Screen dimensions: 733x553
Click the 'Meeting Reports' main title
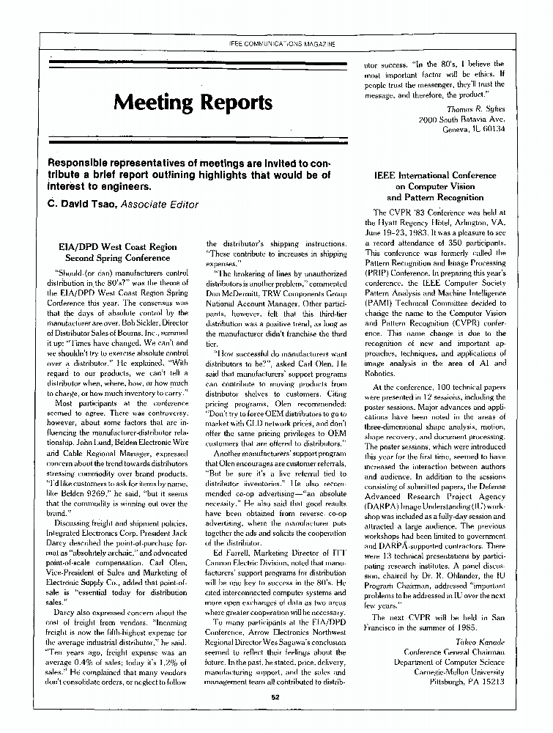[x=193, y=101]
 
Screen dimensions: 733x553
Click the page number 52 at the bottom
[x=276, y=697]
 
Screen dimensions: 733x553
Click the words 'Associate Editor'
[x=157, y=205]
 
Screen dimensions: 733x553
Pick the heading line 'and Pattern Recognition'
[x=434, y=198]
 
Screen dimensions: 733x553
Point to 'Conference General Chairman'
[x=454, y=651]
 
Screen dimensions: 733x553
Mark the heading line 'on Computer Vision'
[x=434, y=187]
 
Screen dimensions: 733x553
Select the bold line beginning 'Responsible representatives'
[x=189, y=163]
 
